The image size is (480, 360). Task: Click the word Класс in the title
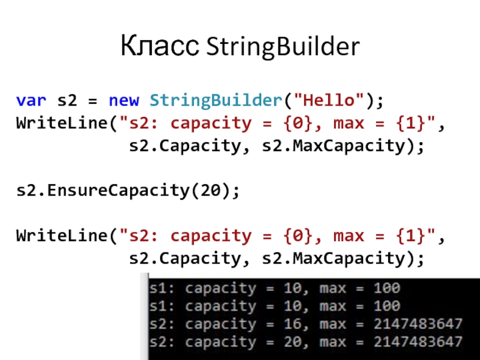point(160,47)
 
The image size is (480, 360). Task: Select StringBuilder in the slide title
point(283,47)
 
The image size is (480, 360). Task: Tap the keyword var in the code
point(29,101)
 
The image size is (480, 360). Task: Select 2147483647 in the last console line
point(418,342)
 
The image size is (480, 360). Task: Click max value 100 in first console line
point(386,288)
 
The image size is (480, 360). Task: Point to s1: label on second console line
point(164,306)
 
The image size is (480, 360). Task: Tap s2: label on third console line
point(164,324)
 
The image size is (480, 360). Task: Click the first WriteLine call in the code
point(64,124)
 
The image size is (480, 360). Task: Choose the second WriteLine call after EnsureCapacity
point(64,236)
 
